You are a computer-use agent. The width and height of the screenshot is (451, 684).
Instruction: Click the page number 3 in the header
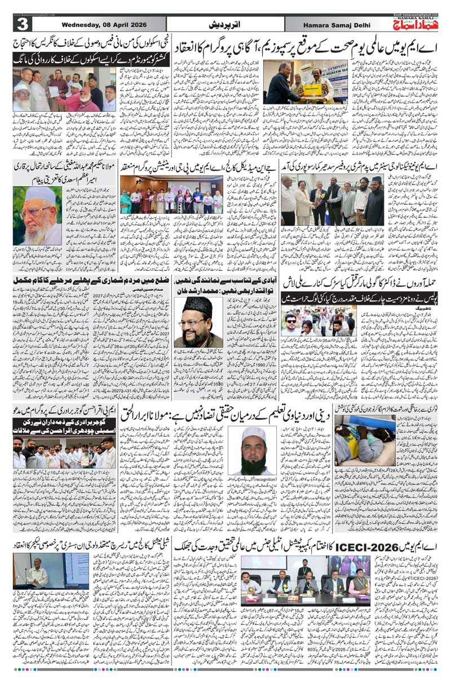(21, 25)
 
